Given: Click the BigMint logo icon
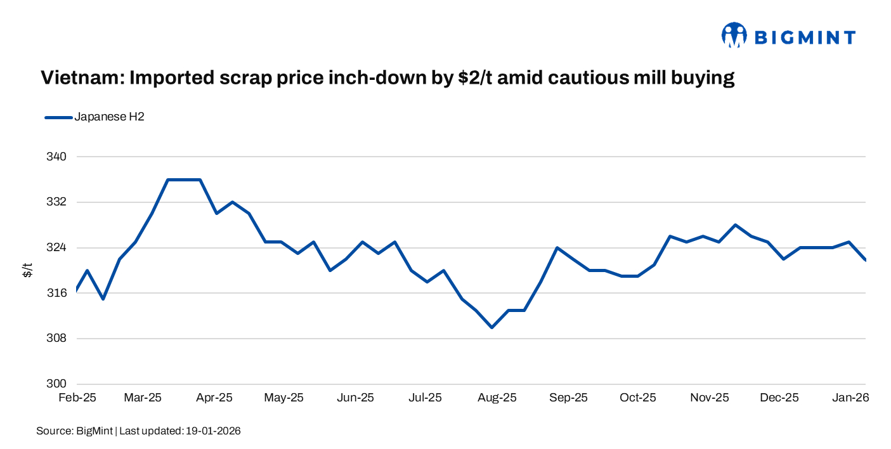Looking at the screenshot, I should click(x=734, y=36).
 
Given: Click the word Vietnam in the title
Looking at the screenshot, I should click(x=80, y=78).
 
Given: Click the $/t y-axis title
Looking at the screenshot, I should click(x=28, y=270).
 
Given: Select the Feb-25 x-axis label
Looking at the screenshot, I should click(x=77, y=398).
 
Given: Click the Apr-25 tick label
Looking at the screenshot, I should click(x=214, y=398).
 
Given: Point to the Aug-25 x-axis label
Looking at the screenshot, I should click(x=497, y=398).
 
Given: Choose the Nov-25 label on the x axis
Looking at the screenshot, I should click(x=710, y=398).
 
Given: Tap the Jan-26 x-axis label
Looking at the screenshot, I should click(x=850, y=398).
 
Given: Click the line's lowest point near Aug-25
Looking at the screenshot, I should click(x=491, y=327).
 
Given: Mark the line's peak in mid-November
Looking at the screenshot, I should click(x=735, y=224).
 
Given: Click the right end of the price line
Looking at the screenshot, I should click(x=865, y=259).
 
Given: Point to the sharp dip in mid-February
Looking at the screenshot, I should click(x=103, y=299).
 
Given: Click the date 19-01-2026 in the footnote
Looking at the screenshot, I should click(x=213, y=431).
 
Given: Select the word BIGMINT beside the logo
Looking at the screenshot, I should click(x=805, y=37).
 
